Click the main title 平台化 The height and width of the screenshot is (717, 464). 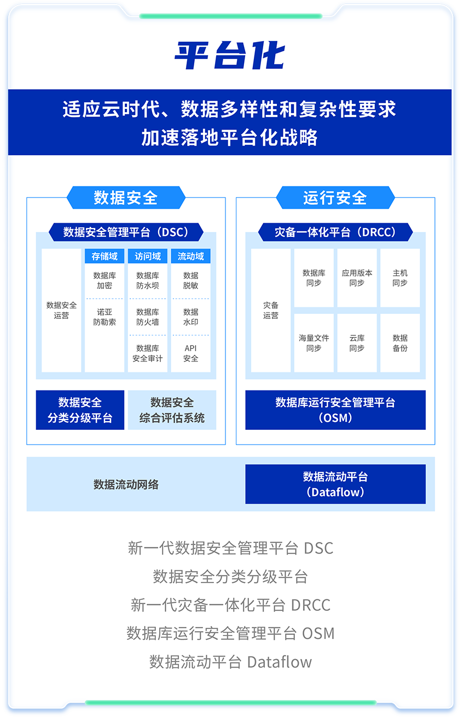(x=230, y=56)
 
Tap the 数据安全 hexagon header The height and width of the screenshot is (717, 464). (x=126, y=197)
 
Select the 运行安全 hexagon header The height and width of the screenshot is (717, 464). (x=335, y=197)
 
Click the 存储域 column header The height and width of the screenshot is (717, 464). (x=105, y=256)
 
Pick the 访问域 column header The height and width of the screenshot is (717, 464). (x=148, y=256)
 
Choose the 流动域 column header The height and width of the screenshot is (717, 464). (x=190, y=256)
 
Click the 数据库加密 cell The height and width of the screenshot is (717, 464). (x=105, y=281)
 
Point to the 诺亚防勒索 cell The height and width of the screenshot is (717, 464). (x=105, y=317)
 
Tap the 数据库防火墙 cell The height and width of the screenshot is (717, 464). (x=148, y=317)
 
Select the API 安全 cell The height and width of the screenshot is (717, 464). (x=190, y=353)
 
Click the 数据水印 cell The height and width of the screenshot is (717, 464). (x=190, y=317)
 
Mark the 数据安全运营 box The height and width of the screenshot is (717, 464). (x=61, y=310)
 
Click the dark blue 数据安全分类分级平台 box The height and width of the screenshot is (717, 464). (x=80, y=410)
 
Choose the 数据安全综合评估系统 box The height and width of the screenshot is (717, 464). (x=172, y=410)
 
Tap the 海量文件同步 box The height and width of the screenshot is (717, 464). (x=314, y=343)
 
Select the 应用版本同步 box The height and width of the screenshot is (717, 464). (x=357, y=278)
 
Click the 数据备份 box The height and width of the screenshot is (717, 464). (x=400, y=343)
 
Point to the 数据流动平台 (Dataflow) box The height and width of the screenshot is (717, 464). (x=335, y=484)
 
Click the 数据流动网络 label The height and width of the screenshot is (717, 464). (x=126, y=485)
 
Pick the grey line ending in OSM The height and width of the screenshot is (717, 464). (x=230, y=633)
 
